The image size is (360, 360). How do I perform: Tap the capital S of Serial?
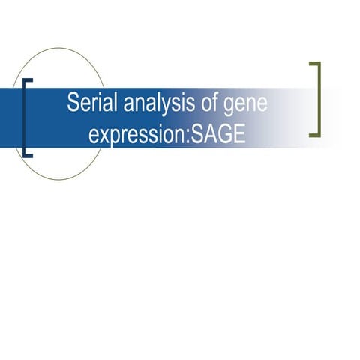point(73,103)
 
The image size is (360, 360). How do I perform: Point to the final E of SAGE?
point(240,135)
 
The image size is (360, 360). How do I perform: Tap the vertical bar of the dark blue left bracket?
point(25,118)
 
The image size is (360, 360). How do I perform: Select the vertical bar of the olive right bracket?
point(319,99)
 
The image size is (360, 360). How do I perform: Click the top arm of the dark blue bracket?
point(29,80)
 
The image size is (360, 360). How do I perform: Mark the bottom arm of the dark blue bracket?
point(29,155)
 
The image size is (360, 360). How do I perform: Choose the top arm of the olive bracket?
point(314,63)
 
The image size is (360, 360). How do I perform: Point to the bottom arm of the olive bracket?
point(314,135)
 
